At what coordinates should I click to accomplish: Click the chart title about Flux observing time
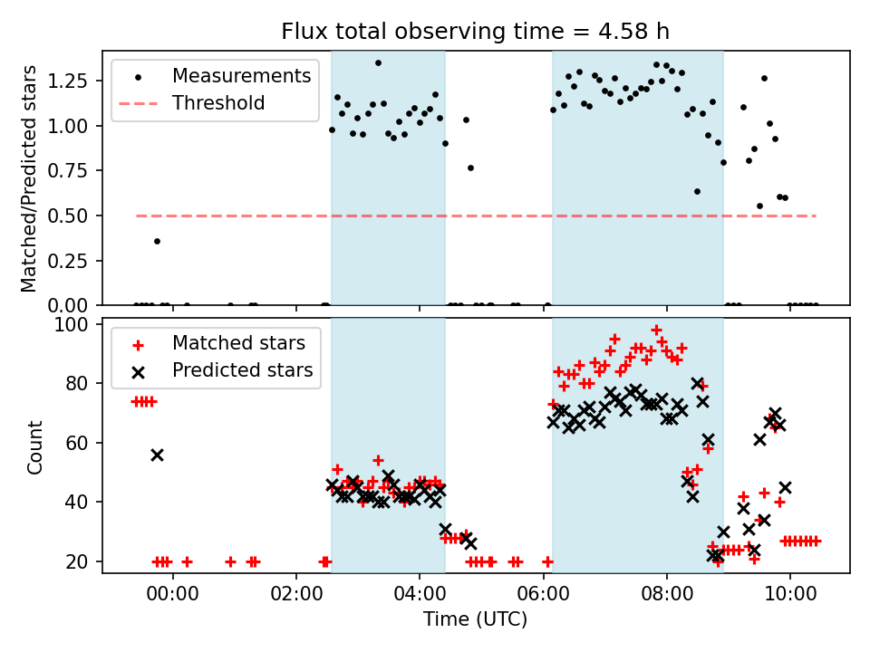476,33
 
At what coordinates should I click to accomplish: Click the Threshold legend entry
218,103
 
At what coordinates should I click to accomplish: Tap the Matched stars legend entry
238,343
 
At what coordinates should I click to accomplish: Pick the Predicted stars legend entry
242,370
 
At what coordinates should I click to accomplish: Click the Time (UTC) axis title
476,621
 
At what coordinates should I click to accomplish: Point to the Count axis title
35,446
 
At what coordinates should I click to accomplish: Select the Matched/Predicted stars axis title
29,178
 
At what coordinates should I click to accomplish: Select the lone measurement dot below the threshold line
157,241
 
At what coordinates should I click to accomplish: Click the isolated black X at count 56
157,455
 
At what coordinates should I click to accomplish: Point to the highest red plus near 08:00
657,331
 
